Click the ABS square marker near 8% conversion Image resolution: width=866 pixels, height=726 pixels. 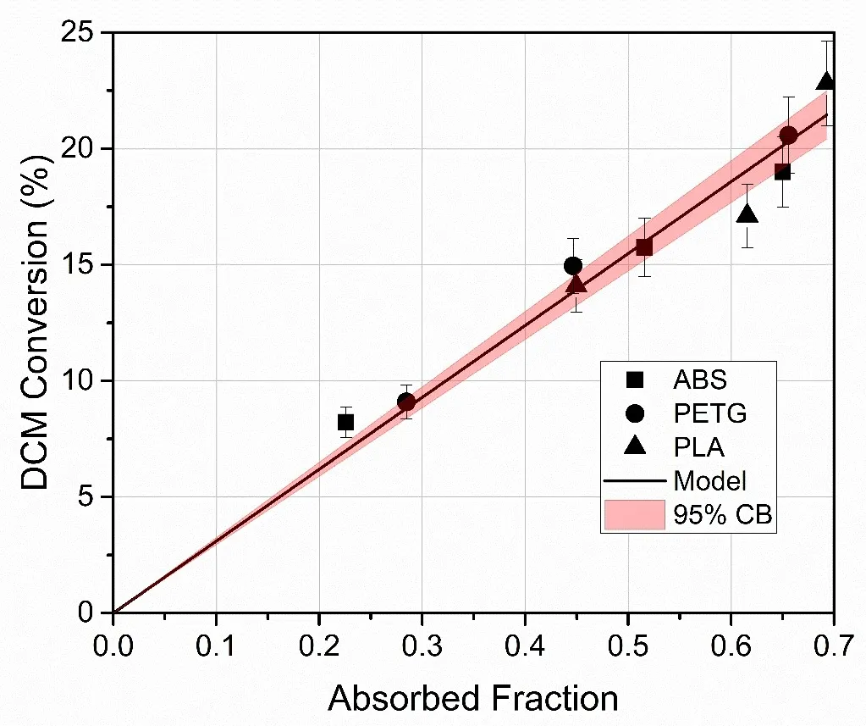[345, 422]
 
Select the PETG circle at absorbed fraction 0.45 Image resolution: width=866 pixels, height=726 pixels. [573, 266]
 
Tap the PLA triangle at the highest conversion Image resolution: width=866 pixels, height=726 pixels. [826, 82]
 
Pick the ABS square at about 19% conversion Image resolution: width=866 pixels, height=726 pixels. [782, 172]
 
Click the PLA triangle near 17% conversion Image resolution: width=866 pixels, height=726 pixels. [747, 215]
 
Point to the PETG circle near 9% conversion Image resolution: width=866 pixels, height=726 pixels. [406, 402]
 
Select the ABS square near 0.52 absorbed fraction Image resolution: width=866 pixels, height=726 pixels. [644, 247]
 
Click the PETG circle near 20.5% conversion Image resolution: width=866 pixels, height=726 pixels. [789, 136]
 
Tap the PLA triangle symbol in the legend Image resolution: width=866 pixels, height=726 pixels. [634, 446]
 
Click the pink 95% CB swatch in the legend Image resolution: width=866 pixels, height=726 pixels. [634, 515]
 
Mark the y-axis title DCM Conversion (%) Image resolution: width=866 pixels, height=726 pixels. [36, 322]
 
